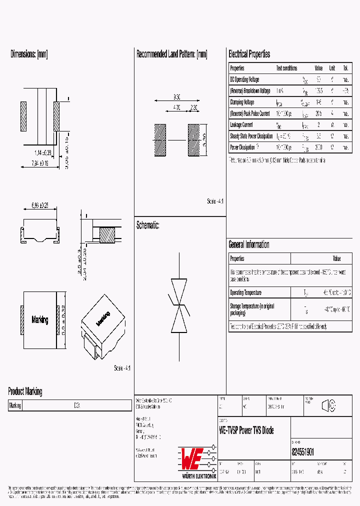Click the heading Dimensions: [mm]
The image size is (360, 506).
coord(29,54)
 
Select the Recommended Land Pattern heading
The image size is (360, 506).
coord(171,54)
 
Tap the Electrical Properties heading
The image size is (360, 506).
coord(249,54)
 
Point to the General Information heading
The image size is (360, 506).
coord(248,244)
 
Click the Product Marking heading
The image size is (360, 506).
coord(25,391)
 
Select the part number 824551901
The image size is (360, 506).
coord(303,452)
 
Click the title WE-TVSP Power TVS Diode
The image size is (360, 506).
coord(246,430)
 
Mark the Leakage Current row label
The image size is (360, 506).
coord(241,125)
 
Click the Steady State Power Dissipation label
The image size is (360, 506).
coord(251,136)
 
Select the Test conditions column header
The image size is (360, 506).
coord(286,68)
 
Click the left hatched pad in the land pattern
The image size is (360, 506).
coord(159,140)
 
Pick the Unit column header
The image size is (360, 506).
coord(332,68)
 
